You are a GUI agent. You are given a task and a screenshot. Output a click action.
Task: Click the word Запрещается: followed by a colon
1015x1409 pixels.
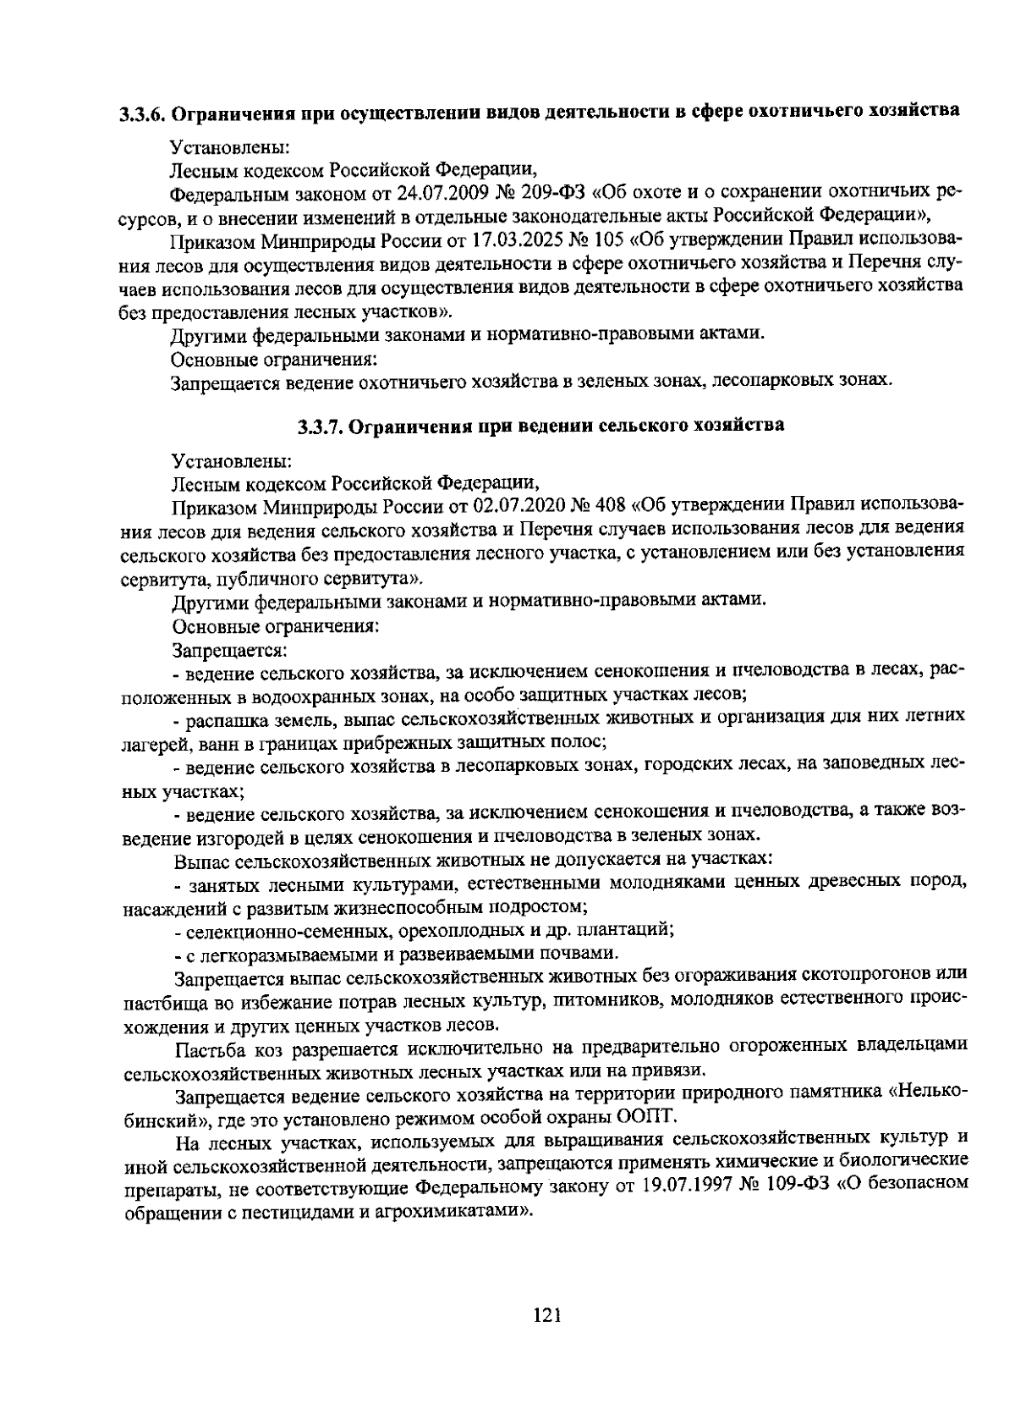click(x=230, y=651)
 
